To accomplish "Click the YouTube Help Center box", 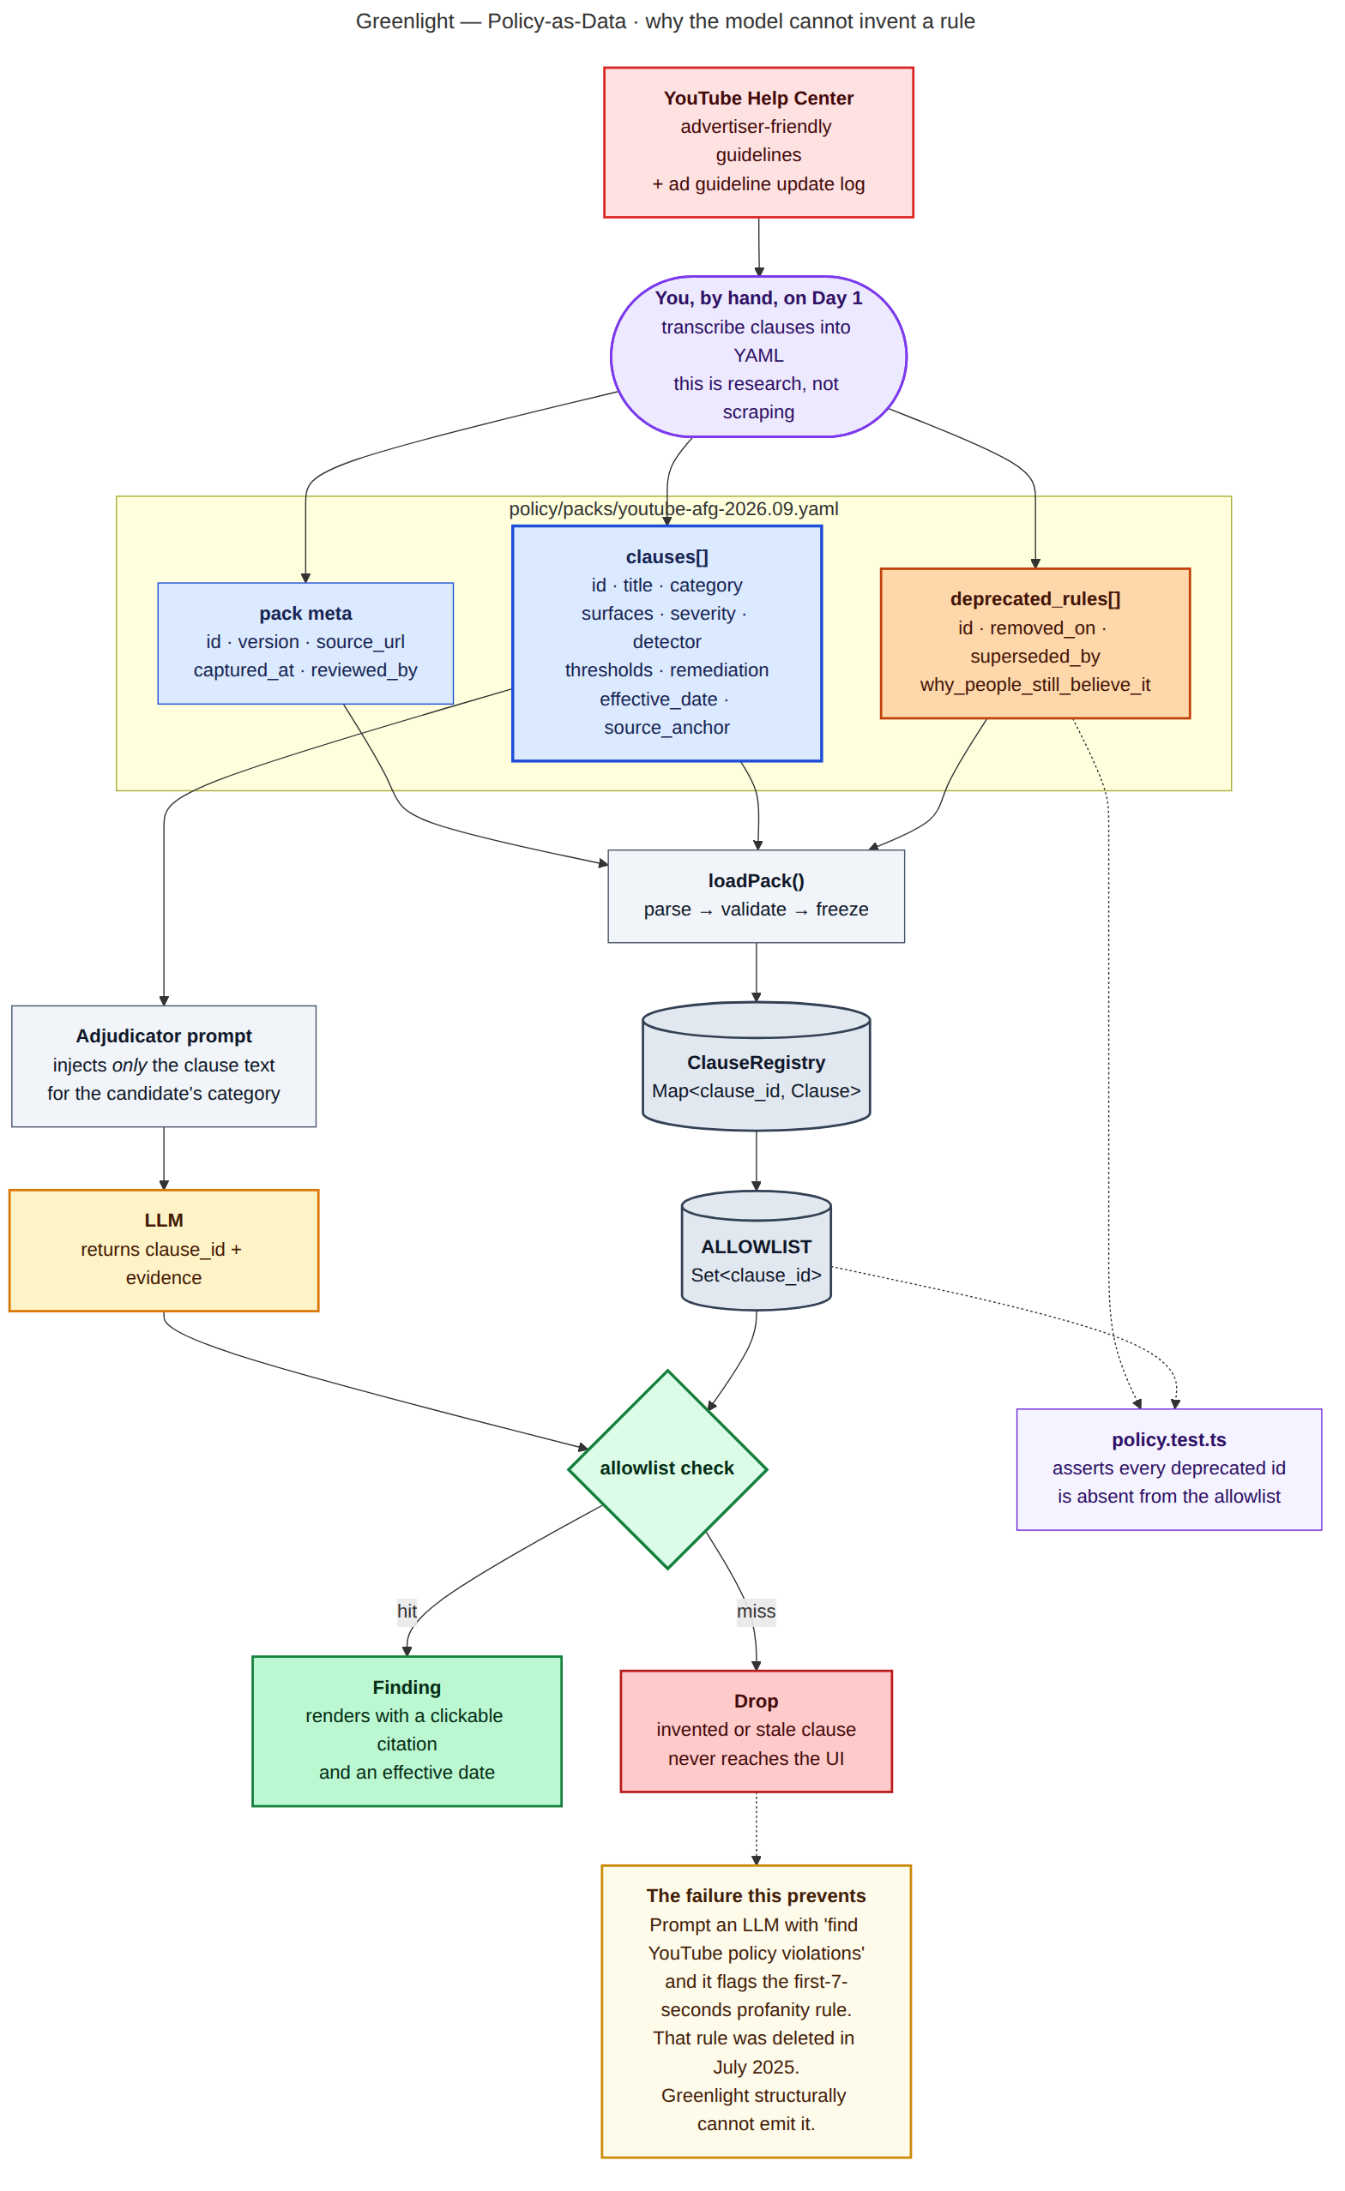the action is (x=758, y=142).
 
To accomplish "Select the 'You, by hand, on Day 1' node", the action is (x=758, y=356).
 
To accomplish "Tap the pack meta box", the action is (x=305, y=643).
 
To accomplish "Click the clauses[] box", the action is (x=666, y=643).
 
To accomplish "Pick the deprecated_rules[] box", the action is (x=1034, y=643).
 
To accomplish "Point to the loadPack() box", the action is (x=756, y=896).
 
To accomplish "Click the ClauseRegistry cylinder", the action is (x=756, y=1065).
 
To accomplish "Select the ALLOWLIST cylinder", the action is (x=756, y=1249).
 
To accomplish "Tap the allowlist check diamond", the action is (x=667, y=1469).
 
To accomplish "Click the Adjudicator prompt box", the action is (x=164, y=1065).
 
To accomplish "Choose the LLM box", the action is (x=164, y=1249).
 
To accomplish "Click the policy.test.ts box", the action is (x=1169, y=1469).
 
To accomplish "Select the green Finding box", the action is (x=407, y=1731).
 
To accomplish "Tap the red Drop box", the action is (x=756, y=1731).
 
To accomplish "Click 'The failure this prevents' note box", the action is (x=756, y=2010).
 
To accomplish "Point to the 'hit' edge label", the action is (x=407, y=1612).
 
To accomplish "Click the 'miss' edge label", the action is (x=756, y=1612).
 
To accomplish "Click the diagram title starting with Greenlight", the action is (x=666, y=21).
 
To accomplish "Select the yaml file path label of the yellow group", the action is (x=673, y=508).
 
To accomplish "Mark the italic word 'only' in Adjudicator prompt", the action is (x=129, y=1065).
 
